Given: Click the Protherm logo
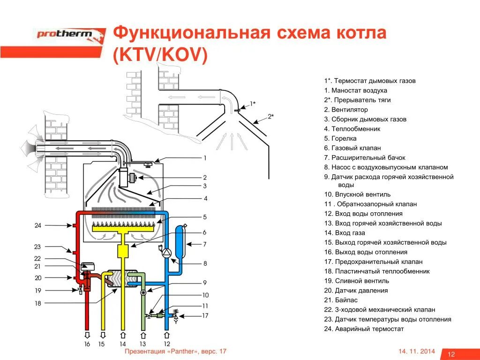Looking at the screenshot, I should pyautogui.click(x=70, y=34).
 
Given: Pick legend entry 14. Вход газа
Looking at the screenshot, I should pyautogui.click(x=344, y=233).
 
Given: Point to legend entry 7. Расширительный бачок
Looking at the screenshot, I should pyautogui.click(x=364, y=157).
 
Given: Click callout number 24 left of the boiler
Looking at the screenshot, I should pyautogui.click(x=38, y=225).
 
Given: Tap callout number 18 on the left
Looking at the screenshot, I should pyautogui.click(x=38, y=303).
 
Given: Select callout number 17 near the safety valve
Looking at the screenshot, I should pyautogui.click(x=205, y=315).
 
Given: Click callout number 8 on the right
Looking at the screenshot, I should pyautogui.click(x=205, y=263).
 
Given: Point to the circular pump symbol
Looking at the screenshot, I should pyautogui.click(x=167, y=252).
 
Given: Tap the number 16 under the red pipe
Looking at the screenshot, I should pyautogui.click(x=87, y=344).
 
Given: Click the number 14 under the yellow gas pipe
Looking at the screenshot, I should pyautogui.click(x=123, y=344).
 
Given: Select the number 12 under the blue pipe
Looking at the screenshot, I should pyautogui.click(x=167, y=344).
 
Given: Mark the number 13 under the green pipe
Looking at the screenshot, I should pyautogui.click(x=143, y=344).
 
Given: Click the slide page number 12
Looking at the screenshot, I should pyautogui.click(x=452, y=353).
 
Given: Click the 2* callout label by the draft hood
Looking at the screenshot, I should pyautogui.click(x=271, y=116).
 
